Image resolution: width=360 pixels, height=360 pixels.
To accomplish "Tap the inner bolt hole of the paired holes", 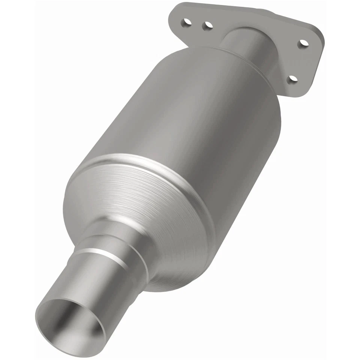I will tap(207, 25).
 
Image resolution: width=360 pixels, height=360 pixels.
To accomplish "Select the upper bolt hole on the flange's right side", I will tap(303, 43).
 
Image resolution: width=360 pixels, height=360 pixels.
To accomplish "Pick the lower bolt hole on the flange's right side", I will tap(293, 79).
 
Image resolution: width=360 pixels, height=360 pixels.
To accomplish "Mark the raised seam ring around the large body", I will tap(157, 165).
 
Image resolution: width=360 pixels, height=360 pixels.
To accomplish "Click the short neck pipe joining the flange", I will tap(247, 45).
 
